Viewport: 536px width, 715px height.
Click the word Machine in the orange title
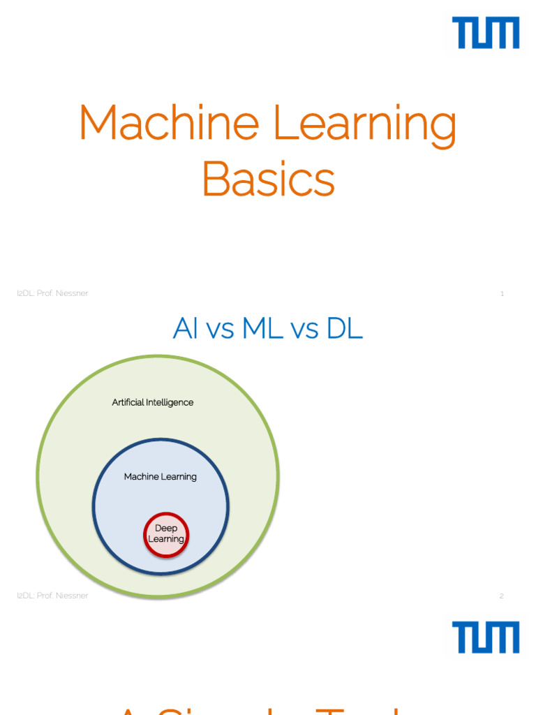point(170,123)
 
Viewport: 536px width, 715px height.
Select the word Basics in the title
point(268,179)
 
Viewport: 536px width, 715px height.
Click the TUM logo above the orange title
point(486,34)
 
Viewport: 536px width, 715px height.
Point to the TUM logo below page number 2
point(486,637)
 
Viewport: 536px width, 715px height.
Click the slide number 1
point(502,294)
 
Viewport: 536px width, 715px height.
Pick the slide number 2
point(502,596)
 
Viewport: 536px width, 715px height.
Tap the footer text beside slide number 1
point(52,294)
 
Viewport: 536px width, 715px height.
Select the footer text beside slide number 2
point(52,596)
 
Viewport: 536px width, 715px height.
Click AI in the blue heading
point(186,329)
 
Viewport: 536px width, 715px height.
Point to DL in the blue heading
point(344,329)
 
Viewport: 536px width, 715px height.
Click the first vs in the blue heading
point(221,330)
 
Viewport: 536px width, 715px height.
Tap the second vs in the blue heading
point(305,330)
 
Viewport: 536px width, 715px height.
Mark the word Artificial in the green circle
point(128,403)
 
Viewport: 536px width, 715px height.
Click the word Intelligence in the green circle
point(170,403)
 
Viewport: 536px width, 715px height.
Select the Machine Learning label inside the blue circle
point(161,477)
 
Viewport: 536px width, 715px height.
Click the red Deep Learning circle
point(166,535)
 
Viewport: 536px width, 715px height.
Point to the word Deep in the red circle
point(166,529)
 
